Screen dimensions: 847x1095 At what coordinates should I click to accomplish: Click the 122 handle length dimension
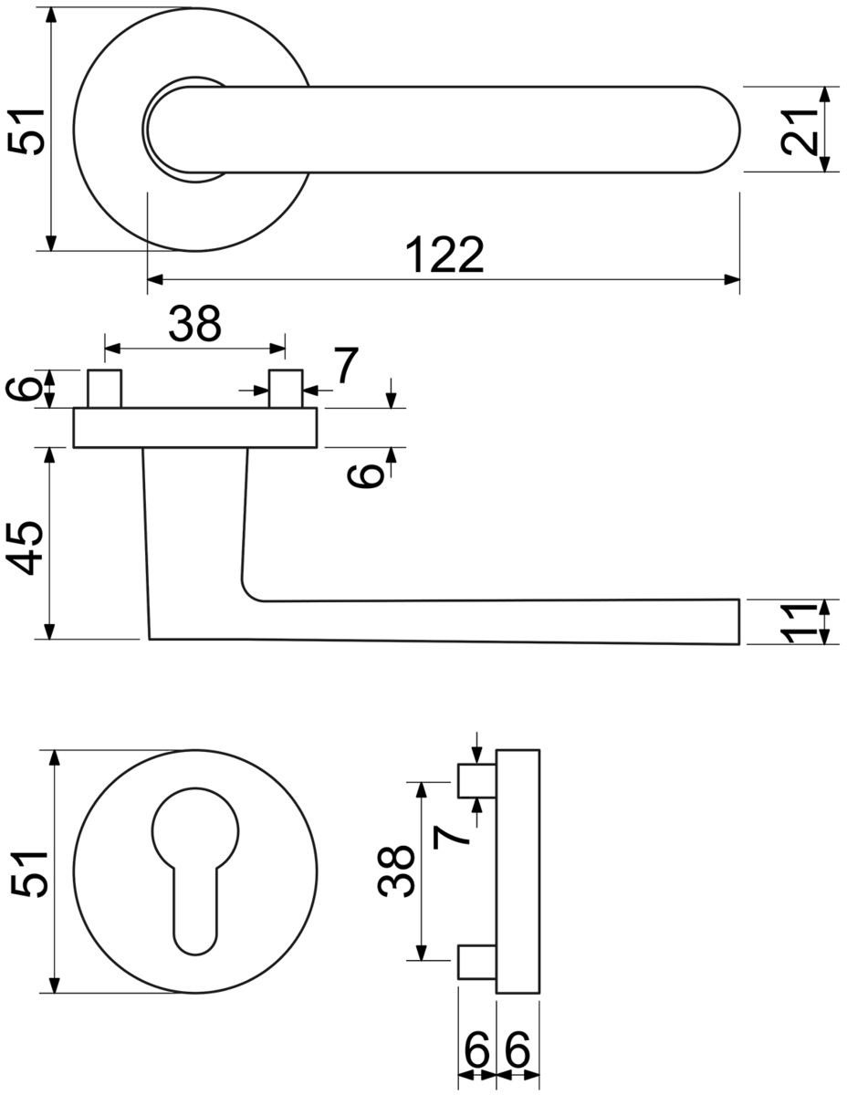click(x=444, y=255)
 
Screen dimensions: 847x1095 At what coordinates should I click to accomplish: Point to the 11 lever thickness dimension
click(x=800, y=622)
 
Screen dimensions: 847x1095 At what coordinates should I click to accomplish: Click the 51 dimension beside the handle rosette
click(x=26, y=130)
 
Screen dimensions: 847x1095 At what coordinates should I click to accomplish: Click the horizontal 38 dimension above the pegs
click(x=194, y=324)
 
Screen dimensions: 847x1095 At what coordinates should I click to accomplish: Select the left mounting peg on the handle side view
click(x=105, y=388)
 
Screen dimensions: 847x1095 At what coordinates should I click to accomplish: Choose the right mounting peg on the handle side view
click(x=286, y=388)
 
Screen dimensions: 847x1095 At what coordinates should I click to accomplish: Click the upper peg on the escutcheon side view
click(x=476, y=781)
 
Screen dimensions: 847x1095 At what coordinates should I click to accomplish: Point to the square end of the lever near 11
click(x=738, y=621)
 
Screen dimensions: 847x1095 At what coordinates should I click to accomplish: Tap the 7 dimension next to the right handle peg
click(x=346, y=364)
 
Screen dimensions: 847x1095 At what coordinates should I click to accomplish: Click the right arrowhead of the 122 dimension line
click(x=732, y=279)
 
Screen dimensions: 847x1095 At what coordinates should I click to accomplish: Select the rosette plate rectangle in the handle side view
click(x=195, y=428)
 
